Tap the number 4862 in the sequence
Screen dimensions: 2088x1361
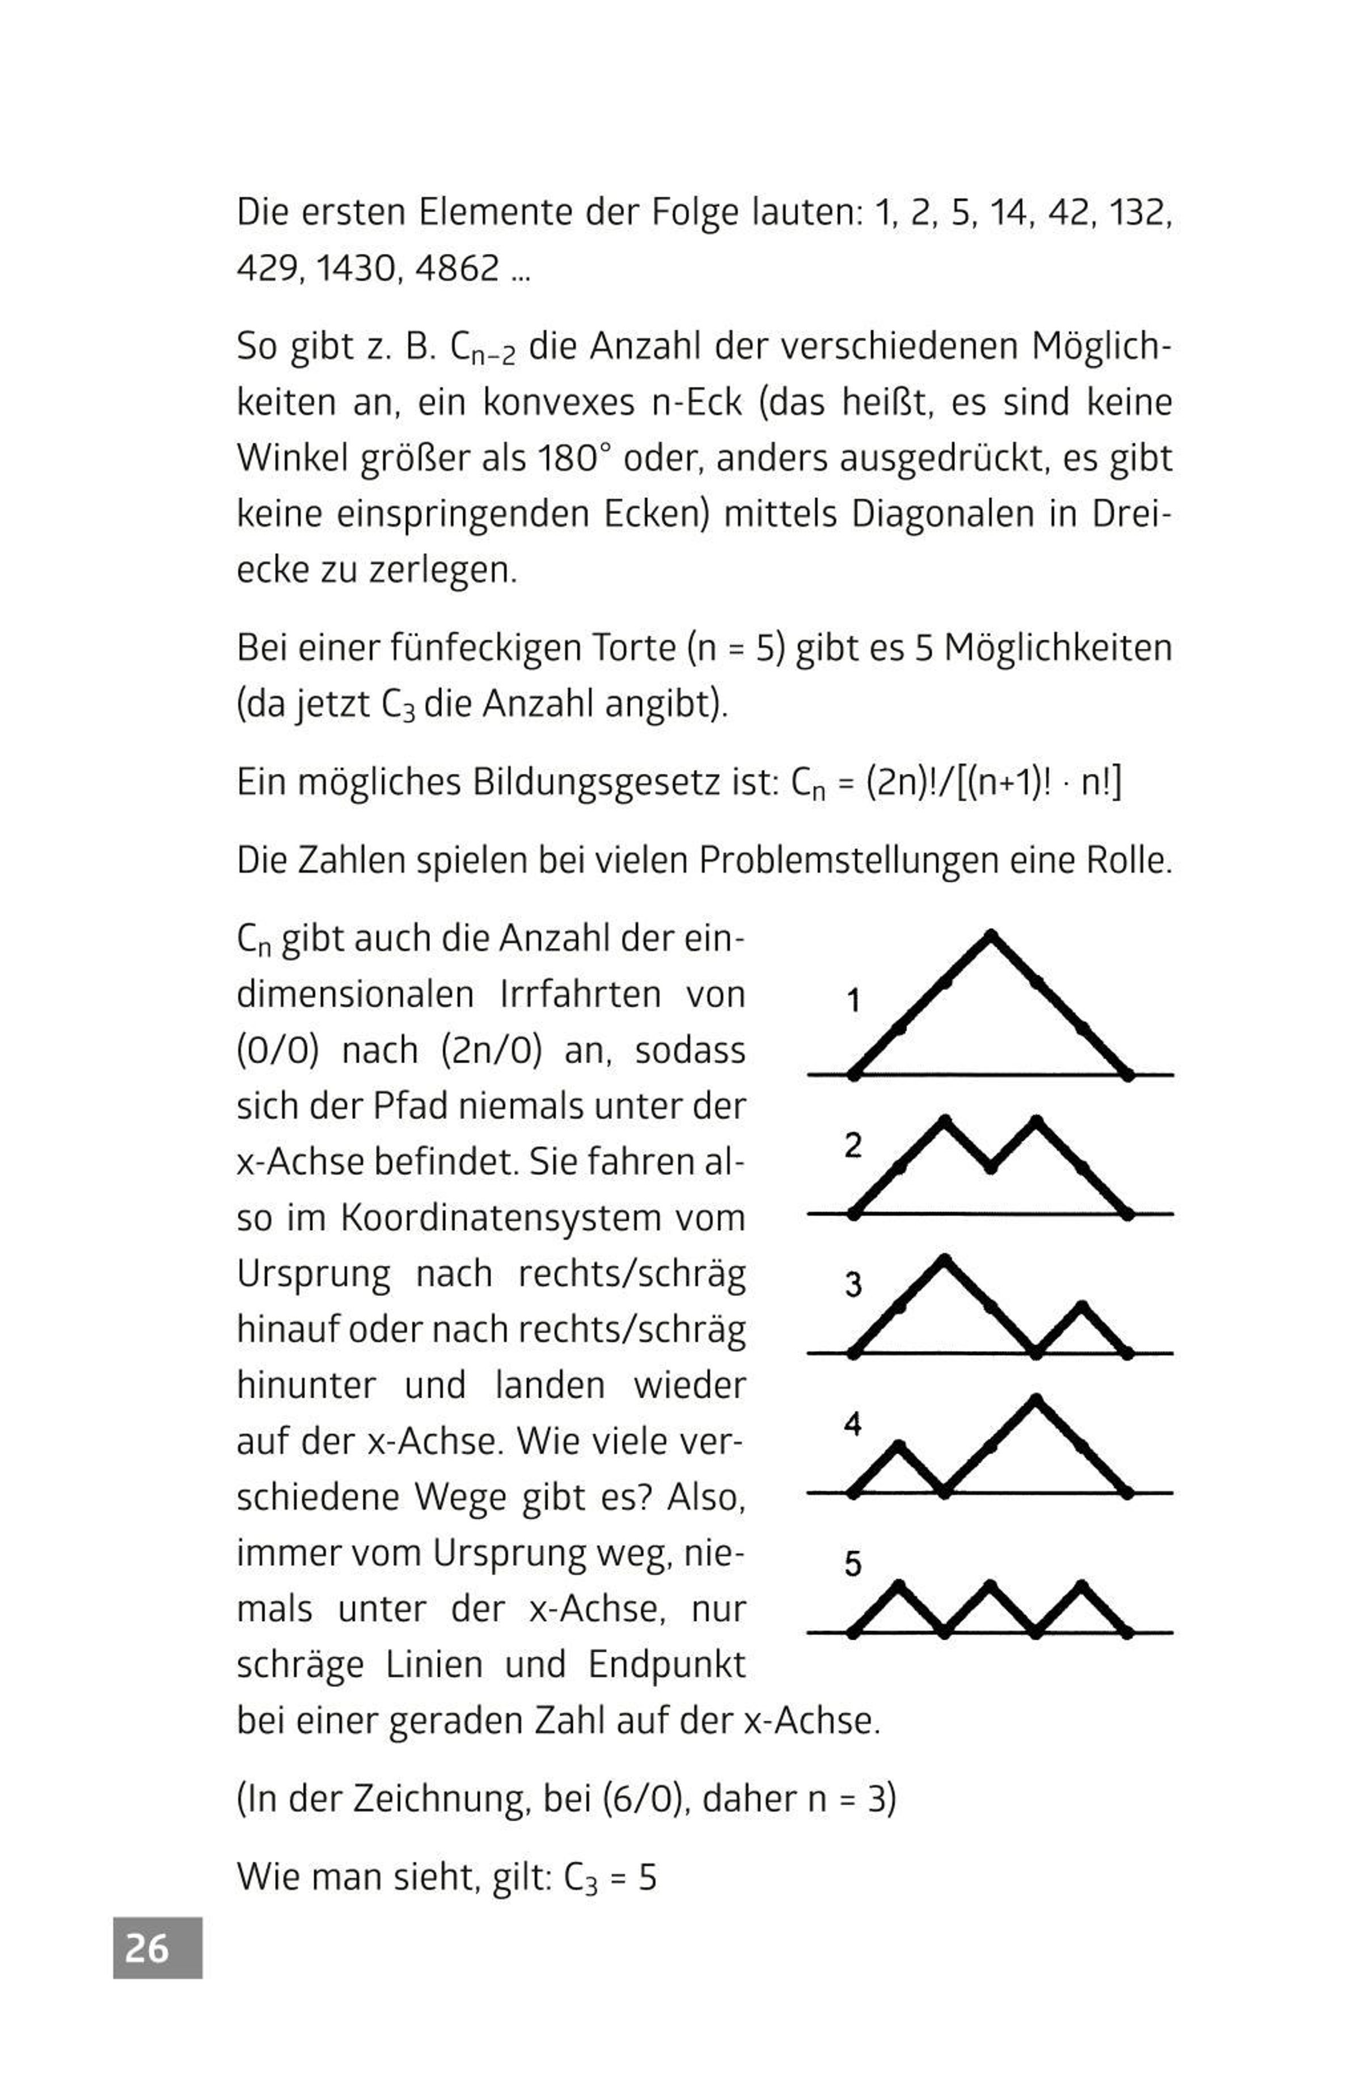coord(456,268)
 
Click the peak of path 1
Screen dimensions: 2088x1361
coord(991,934)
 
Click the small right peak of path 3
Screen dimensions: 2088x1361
coord(1082,1306)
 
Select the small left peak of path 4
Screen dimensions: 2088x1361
coord(899,1445)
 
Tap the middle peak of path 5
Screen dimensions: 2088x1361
coord(991,1585)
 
